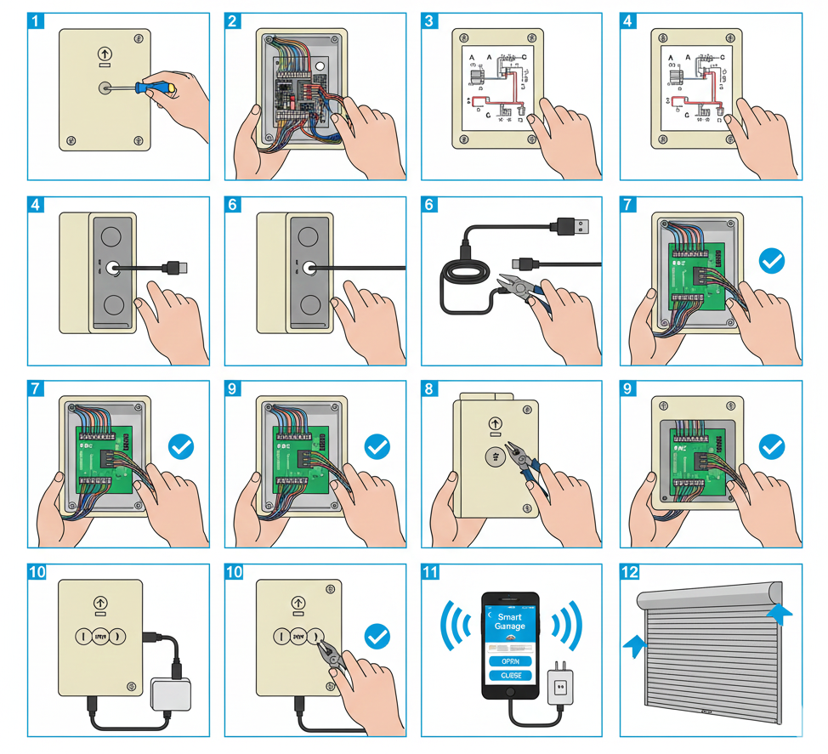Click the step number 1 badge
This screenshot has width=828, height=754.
[36, 21]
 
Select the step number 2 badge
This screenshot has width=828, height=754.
[233, 21]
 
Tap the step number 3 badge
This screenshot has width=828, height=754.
[430, 21]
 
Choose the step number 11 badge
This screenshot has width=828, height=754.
[430, 572]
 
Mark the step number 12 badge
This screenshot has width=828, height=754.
[628, 572]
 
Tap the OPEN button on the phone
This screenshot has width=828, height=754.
[510, 661]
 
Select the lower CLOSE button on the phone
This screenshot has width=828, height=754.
[510, 676]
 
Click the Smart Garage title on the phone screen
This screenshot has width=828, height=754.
[510, 621]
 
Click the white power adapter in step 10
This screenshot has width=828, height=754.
[170, 694]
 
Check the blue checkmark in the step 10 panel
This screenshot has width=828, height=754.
[377, 636]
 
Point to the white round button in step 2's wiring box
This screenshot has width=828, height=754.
[320, 65]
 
